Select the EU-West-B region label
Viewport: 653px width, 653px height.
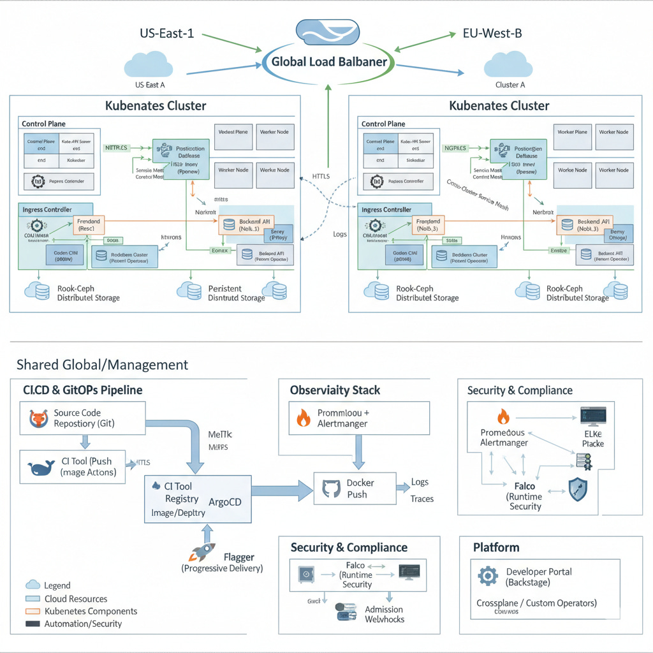click(x=492, y=33)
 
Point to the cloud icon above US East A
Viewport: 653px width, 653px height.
click(x=150, y=65)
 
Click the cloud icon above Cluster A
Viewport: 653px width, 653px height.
click(x=508, y=65)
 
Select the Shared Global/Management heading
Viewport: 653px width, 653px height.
click(x=102, y=365)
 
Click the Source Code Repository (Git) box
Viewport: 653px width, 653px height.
click(x=83, y=418)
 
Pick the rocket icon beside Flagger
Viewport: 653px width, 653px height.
click(x=203, y=553)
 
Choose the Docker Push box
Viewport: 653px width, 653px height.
click(x=355, y=489)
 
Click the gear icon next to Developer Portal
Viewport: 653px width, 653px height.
click(x=488, y=576)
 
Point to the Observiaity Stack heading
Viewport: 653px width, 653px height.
click(x=335, y=390)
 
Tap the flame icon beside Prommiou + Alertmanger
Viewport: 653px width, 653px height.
click(x=302, y=418)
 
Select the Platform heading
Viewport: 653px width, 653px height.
click(x=496, y=547)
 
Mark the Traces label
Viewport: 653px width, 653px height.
click(x=422, y=499)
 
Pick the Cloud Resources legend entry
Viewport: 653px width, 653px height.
click(x=76, y=599)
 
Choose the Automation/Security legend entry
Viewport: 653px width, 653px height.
click(x=83, y=624)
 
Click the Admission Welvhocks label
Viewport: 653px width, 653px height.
click(x=385, y=614)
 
